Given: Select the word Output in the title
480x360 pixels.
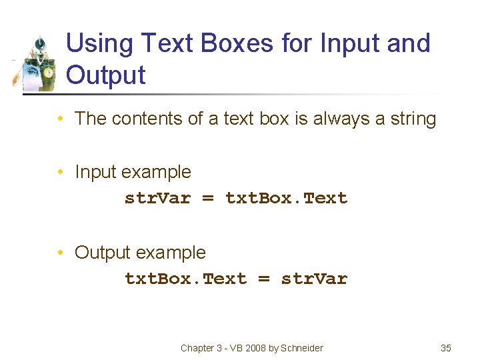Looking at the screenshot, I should click(106, 75).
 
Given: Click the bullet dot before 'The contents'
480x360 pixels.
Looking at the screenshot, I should click(61, 119).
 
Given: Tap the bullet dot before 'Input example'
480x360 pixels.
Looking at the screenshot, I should click(61, 172).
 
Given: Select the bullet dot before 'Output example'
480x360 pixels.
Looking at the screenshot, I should click(61, 253).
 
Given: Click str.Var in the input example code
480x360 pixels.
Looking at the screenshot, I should click(157, 198).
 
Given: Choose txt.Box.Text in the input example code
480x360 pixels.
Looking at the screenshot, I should click(287, 198).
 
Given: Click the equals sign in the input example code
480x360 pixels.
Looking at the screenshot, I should click(208, 198).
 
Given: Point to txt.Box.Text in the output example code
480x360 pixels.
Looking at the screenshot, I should click(185, 279).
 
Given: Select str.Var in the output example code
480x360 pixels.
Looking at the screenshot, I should click(314, 279).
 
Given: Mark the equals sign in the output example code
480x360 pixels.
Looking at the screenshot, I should click(264, 279).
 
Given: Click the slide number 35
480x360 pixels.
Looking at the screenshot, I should click(446, 348).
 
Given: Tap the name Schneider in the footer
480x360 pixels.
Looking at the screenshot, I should click(301, 348).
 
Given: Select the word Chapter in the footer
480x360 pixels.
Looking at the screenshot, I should click(197, 348).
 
